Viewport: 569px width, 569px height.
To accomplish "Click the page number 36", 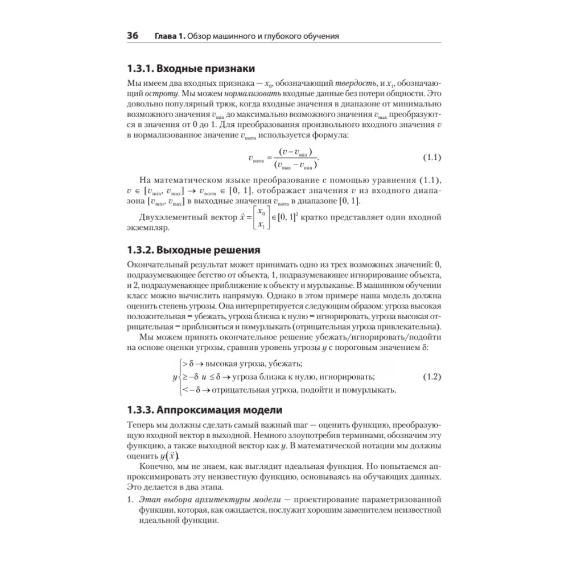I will click(133, 36).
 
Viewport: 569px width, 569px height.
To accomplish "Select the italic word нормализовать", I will click(248, 94).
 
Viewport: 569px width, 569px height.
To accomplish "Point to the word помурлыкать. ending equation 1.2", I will click(368, 390).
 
